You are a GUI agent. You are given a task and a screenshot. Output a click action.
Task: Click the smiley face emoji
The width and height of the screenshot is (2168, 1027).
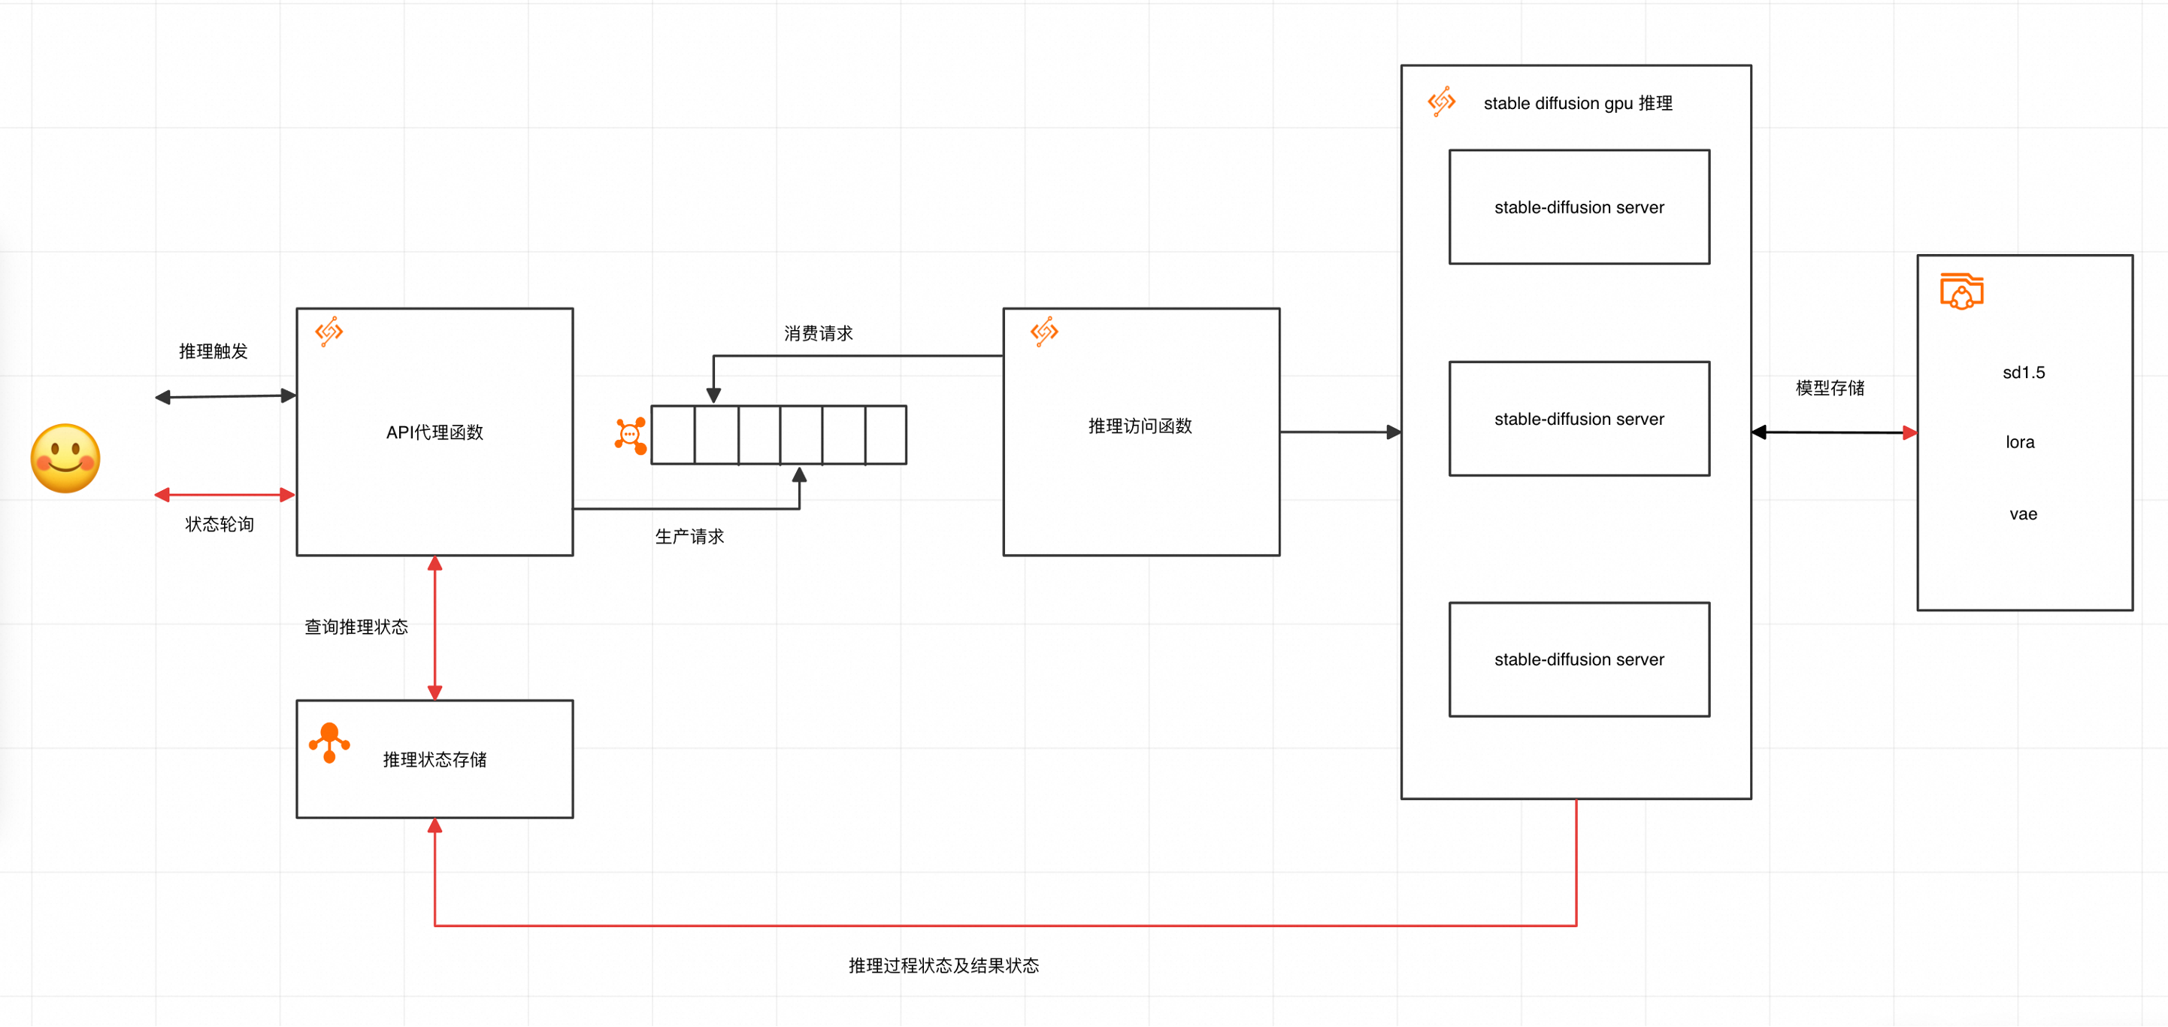[x=65, y=458]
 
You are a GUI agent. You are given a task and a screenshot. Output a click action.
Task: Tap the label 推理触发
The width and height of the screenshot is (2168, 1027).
[x=213, y=351]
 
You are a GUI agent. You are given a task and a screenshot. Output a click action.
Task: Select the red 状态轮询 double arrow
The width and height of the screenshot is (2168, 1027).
[x=225, y=495]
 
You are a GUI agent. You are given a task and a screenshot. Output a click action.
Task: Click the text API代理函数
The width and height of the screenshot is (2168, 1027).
[x=435, y=432]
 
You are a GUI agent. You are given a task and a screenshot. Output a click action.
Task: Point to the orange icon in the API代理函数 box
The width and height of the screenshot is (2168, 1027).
[x=329, y=332]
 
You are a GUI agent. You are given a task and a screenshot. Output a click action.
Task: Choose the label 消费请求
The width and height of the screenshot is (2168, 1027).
[x=818, y=333]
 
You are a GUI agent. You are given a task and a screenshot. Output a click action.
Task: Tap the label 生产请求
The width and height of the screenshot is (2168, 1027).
[x=689, y=536]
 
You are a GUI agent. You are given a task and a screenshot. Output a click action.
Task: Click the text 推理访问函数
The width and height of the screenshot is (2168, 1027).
[x=1140, y=426]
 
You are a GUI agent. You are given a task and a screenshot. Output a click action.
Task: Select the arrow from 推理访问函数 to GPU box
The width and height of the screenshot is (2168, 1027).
[x=1340, y=432]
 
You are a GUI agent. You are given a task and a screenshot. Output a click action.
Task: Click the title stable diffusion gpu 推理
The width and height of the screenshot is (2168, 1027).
[x=1577, y=104]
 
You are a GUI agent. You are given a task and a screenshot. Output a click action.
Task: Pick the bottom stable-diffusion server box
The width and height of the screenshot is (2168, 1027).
[x=1579, y=659]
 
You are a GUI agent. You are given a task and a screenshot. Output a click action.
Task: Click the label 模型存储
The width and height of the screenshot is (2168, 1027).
[x=1830, y=387]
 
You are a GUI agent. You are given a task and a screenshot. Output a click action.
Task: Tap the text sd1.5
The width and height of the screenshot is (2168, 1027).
[x=2023, y=372]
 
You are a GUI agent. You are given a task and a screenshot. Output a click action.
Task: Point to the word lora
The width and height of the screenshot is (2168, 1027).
[x=2020, y=442]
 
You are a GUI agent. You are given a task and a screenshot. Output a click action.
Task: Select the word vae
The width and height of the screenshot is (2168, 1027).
[x=2023, y=513]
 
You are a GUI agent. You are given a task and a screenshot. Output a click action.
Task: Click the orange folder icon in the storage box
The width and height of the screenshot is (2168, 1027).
[x=1962, y=291]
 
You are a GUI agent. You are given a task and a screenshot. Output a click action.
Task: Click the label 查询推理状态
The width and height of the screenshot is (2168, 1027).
[x=356, y=626]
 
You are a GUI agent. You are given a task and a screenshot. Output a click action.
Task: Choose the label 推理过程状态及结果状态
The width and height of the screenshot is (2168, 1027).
[x=943, y=965]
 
